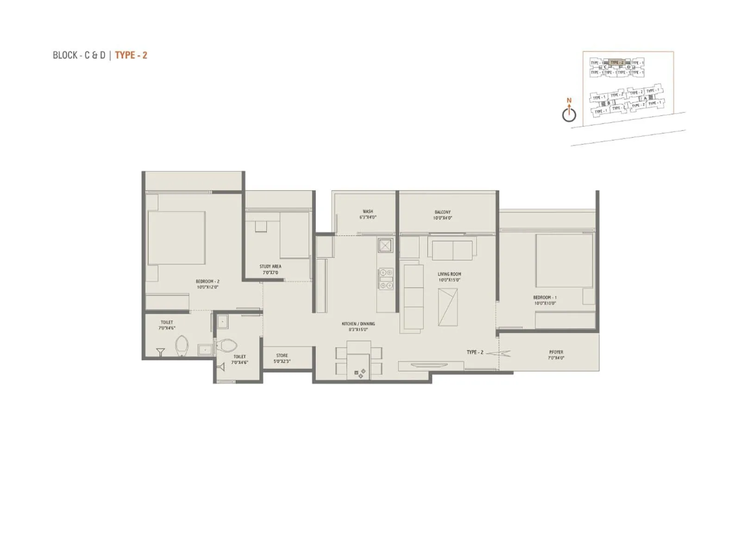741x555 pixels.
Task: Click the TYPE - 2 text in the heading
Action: (131, 55)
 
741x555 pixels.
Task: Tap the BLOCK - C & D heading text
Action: (79, 55)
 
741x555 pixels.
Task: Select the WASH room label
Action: (368, 211)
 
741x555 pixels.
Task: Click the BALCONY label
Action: (443, 212)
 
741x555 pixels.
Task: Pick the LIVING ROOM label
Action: (449, 274)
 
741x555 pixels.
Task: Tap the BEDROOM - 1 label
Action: (545, 297)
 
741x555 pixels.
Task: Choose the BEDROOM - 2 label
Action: (207, 281)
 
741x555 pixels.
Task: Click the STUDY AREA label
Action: (270, 266)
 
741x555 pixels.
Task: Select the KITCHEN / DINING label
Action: (358, 324)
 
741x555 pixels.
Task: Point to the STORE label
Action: (282, 355)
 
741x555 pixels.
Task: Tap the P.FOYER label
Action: (556, 352)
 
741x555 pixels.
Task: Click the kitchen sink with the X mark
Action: (385, 245)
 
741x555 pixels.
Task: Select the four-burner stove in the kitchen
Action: (386, 279)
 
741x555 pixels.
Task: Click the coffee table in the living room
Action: (448, 307)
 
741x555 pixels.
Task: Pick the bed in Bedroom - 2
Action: (176, 238)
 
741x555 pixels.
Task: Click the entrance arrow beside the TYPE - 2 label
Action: (499, 354)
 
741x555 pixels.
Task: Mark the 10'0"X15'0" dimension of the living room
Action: (449, 280)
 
